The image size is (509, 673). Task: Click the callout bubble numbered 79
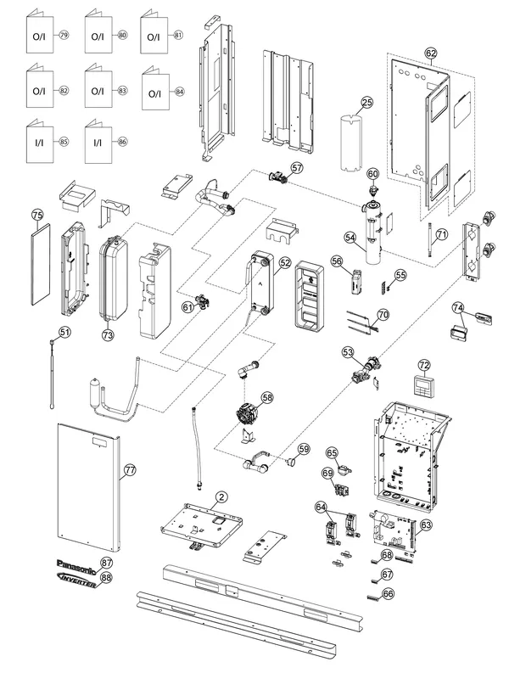point(64,35)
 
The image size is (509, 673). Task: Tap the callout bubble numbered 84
point(179,92)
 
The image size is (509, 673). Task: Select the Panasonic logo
point(78,564)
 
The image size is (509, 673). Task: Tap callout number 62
point(431,53)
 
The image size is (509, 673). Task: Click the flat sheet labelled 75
point(41,265)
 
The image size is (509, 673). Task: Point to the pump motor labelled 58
point(247,413)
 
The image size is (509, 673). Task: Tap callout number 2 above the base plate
point(221,497)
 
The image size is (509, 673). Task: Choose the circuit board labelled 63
point(394,531)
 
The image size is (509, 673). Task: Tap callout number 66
point(388,593)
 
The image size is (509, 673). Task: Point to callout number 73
point(107,334)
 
